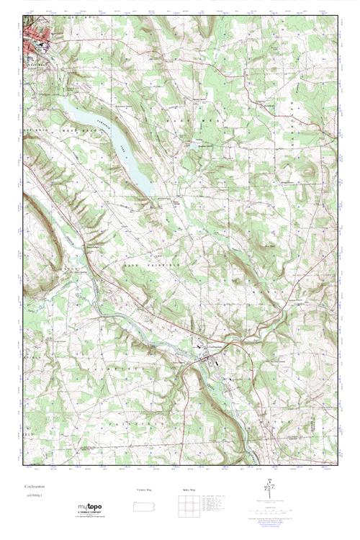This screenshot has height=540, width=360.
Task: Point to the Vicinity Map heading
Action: coord(144,489)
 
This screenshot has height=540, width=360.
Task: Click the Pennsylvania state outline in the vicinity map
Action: coord(144,504)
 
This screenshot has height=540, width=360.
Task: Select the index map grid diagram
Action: coord(186,505)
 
